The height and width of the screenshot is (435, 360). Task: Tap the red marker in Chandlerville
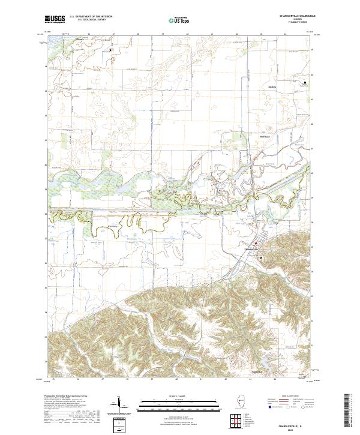pyautogui.click(x=254, y=243)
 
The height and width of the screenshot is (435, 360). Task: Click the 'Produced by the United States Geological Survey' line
pyautogui.click(x=65, y=397)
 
